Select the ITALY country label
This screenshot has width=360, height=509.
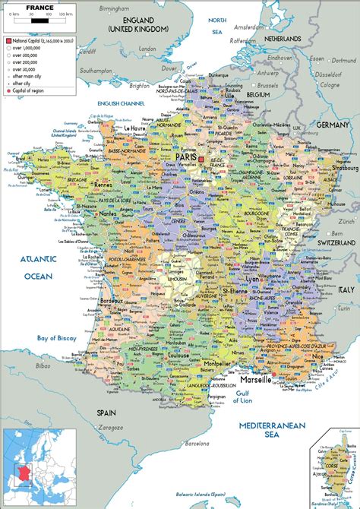(346, 289)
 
